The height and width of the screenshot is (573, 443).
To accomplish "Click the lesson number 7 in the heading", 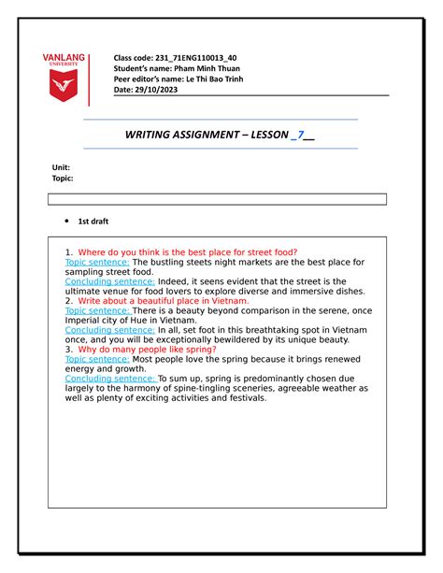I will pos(300,135).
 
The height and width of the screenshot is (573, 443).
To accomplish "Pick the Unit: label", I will pos(61,166).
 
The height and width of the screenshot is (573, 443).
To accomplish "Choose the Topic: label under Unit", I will pos(63,178).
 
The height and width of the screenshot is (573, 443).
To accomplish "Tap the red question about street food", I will pos(187,252).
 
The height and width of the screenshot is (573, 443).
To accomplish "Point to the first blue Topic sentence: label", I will pos(91,263).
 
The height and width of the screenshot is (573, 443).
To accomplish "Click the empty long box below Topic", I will pos(217,199).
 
